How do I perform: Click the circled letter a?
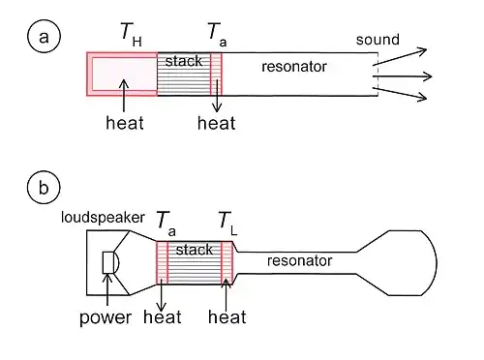44,37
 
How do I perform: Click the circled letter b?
44,188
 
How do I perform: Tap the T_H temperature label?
131,34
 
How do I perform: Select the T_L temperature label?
227,224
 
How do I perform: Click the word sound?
378,40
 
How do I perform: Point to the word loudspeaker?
103,218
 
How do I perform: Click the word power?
106,317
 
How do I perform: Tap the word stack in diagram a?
184,61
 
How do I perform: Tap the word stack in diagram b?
195,250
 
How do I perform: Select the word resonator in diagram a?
294,67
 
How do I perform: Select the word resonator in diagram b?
299,260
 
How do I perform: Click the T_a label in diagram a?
217,34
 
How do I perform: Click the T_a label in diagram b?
166,224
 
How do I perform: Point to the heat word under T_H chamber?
125,123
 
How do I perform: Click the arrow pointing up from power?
107,289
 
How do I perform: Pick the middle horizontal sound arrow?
403,76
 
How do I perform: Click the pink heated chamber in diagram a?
122,74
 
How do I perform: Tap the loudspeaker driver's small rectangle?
108,262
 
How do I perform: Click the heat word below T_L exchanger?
227,316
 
